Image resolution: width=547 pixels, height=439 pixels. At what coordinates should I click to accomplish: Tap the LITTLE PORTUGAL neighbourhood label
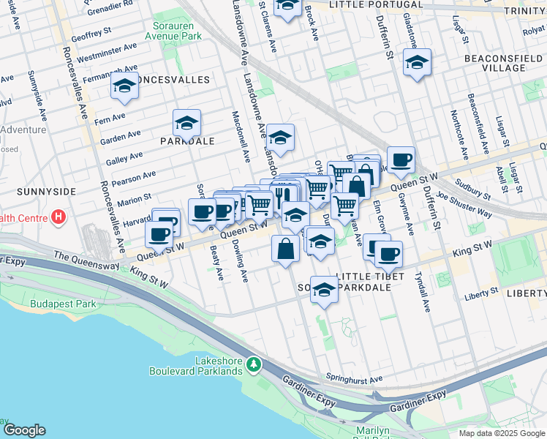376,4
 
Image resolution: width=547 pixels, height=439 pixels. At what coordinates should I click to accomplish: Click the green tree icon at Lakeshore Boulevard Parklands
253,364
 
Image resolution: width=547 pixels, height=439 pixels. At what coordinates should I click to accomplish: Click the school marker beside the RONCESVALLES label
125,87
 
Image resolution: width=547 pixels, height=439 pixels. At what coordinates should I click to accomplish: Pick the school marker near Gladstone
418,62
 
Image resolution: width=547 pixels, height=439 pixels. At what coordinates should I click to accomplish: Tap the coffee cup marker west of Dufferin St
400,160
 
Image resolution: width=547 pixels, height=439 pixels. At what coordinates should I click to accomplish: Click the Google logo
25,430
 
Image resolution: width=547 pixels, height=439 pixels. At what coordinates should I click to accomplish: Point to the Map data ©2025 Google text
501,433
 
